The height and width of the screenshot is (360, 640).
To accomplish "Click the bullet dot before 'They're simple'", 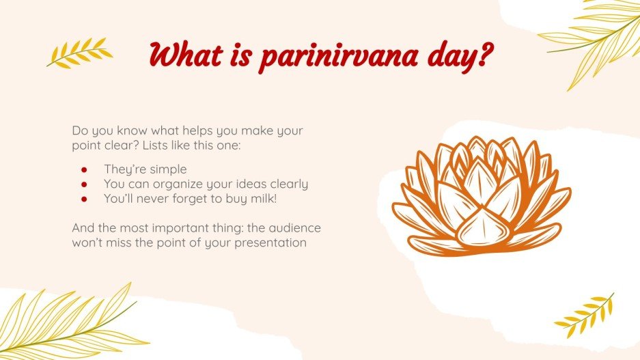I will coord(84,169).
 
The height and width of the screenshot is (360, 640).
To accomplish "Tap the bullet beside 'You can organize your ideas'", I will coord(84,184).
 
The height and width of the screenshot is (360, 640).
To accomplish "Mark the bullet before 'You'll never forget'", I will coord(84,199).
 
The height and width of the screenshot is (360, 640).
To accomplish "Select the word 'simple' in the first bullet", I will coord(169,169).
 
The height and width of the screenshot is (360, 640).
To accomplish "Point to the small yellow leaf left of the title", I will coord(78,52).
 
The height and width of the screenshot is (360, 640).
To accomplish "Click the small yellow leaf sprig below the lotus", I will coord(585,314).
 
